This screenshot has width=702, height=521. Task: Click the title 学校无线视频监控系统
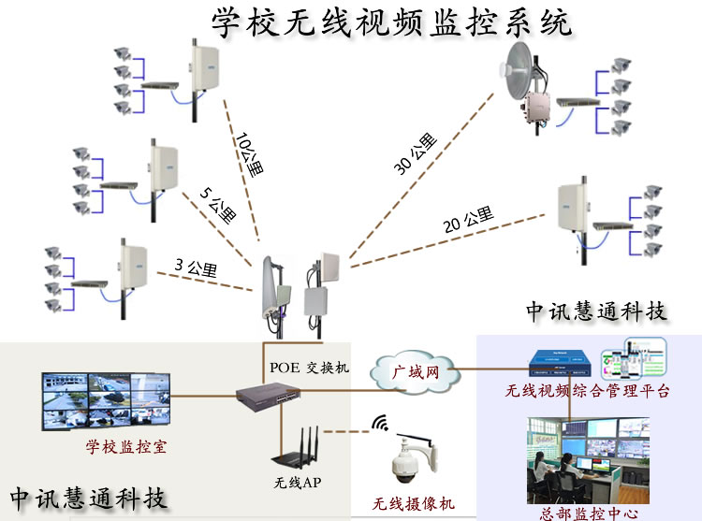pyautogui.click(x=391, y=22)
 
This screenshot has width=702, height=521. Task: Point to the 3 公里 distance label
pyautogui.click(x=196, y=268)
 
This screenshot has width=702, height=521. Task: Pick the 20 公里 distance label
pyautogui.click(x=467, y=221)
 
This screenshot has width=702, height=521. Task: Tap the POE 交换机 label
pyautogui.click(x=309, y=368)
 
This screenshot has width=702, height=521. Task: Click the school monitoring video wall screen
pyautogui.click(x=106, y=401)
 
